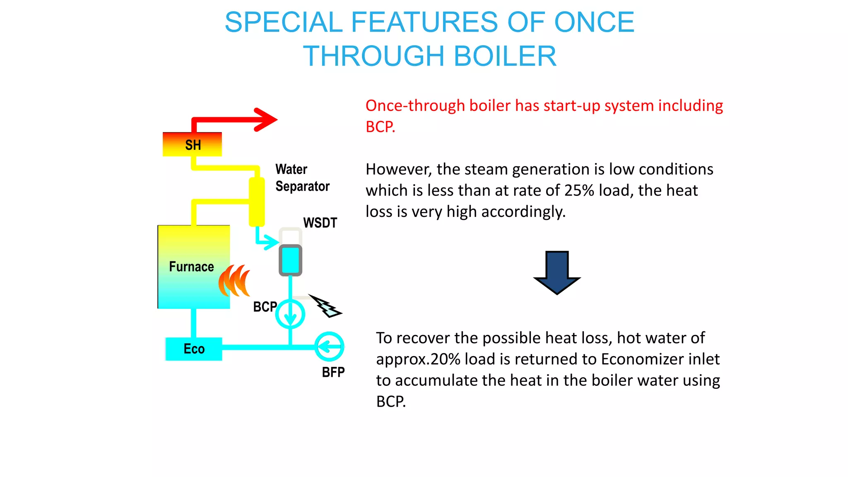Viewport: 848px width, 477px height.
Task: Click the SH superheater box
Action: click(192, 145)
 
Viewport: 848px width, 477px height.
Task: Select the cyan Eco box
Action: click(194, 349)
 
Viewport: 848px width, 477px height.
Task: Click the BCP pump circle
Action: click(290, 314)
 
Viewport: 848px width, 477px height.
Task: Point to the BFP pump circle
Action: click(329, 347)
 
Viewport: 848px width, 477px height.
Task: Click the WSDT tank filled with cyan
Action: click(290, 260)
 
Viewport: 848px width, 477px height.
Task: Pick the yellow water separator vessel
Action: click(257, 202)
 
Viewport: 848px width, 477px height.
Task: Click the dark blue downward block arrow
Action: click(557, 272)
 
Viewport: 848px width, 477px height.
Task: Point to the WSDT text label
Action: click(320, 223)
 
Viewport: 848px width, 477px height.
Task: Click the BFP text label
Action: click(333, 372)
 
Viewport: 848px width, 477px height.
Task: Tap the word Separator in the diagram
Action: click(302, 186)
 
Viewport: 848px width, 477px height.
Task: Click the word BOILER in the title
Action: click(505, 56)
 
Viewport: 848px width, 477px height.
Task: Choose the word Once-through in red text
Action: click(415, 106)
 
